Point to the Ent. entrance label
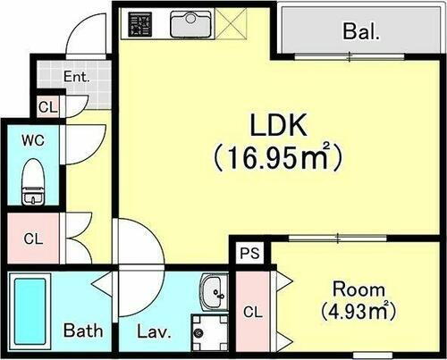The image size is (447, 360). pyautogui.click(x=78, y=77)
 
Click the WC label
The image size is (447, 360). pyautogui.click(x=32, y=139)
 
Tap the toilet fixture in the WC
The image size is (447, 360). pyautogui.click(x=34, y=181)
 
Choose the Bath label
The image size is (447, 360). pyautogui.click(x=83, y=331)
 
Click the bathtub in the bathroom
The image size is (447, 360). pyautogui.click(x=31, y=307)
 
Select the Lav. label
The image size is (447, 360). pyautogui.click(x=153, y=331)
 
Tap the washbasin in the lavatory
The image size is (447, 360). pyautogui.click(x=215, y=289)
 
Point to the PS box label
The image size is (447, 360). pyautogui.click(x=249, y=253)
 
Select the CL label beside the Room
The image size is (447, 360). pyautogui.click(x=252, y=312)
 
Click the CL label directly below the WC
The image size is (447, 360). pyautogui.click(x=33, y=239)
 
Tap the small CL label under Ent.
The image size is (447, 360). pyautogui.click(x=46, y=107)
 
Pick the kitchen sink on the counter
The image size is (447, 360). pyautogui.click(x=190, y=21)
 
